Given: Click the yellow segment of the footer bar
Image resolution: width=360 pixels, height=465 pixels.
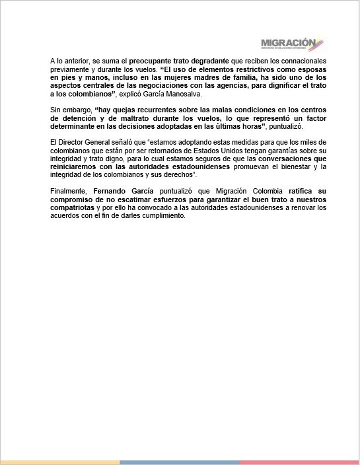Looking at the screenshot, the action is click(x=59, y=462).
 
